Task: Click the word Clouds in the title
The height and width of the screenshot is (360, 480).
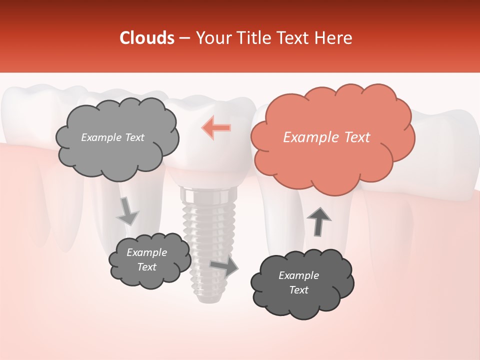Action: (147, 38)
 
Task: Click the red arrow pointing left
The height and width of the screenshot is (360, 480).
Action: (216, 127)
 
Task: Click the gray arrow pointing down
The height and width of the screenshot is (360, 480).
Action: (127, 211)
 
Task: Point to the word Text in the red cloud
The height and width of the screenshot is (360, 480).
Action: (356, 137)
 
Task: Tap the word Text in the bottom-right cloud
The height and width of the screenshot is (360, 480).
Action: (299, 290)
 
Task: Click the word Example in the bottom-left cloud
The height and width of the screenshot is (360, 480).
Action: (147, 252)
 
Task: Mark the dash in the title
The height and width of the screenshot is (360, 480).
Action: (184, 38)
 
